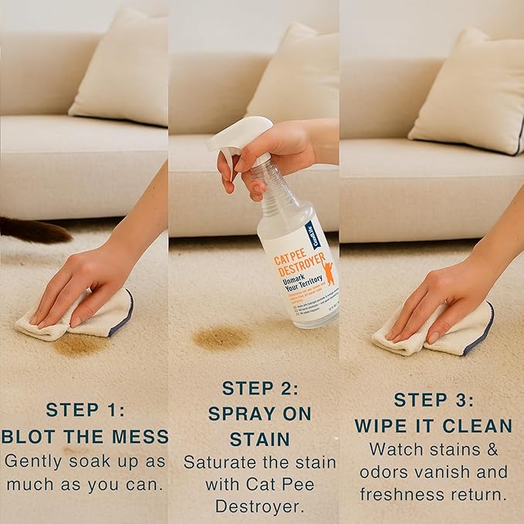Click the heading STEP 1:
tap(83, 410)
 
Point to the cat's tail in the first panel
tap(35, 230)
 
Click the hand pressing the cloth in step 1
tap(77, 286)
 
